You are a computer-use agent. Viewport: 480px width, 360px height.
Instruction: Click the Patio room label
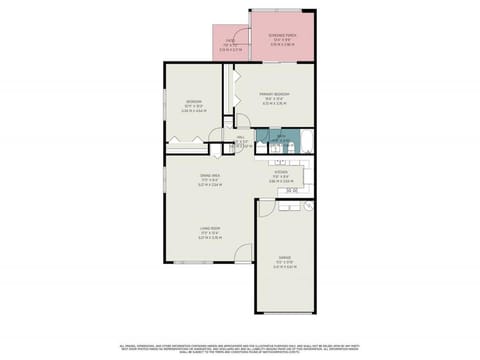tap(231, 43)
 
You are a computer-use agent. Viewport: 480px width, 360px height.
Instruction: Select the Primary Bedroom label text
tap(275, 98)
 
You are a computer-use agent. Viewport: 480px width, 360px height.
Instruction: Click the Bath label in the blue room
tap(282, 139)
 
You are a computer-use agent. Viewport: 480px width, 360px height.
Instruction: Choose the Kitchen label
tap(281, 179)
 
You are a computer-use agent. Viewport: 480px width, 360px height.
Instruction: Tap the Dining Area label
tap(210, 180)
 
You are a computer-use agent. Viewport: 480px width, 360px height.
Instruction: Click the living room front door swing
tap(241, 256)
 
